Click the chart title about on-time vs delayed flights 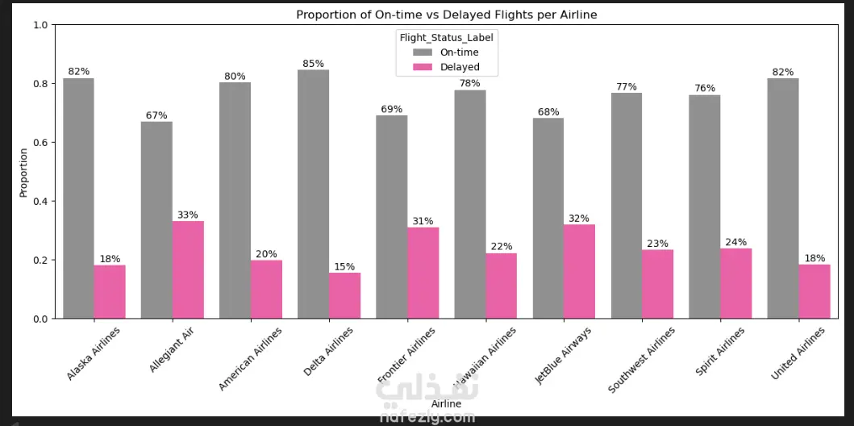446,15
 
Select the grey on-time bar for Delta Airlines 313,194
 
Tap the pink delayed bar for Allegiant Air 188,269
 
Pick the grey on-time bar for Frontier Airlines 391,216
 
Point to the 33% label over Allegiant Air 188,215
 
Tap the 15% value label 344,266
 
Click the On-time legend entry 458,52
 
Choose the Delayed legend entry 459,67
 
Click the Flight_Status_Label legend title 446,37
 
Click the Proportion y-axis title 23,171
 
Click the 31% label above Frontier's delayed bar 423,221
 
